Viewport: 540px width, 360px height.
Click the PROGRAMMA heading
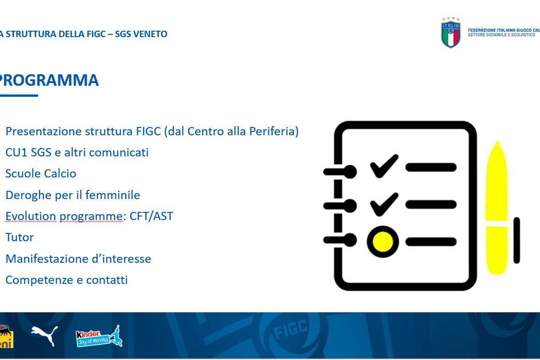[49, 80]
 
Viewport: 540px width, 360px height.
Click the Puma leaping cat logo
[45, 335]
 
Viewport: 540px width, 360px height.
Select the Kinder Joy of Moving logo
[99, 336]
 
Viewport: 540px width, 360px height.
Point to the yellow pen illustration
[496, 208]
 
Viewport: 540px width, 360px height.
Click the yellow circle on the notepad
[383, 242]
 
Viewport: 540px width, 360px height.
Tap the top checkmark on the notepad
[384, 166]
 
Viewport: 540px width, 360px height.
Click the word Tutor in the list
[20, 238]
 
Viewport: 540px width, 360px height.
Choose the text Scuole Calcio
[41, 173]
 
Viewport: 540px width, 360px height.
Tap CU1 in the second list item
[16, 152]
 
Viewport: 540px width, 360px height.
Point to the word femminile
[112, 195]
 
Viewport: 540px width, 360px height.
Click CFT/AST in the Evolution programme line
[151, 216]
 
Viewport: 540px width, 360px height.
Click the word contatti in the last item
[107, 280]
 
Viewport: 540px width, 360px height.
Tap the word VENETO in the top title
[150, 34]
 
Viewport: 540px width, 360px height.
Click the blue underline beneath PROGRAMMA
[19, 95]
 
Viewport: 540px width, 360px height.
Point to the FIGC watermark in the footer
[290, 329]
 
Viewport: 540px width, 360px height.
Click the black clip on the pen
[517, 240]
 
